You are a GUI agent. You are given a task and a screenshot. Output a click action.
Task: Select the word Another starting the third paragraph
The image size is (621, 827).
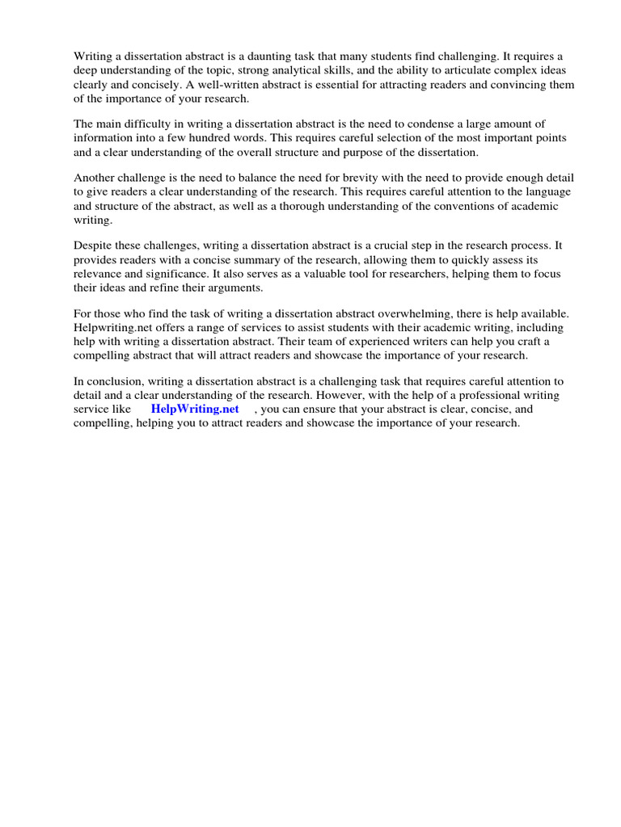click(95, 177)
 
